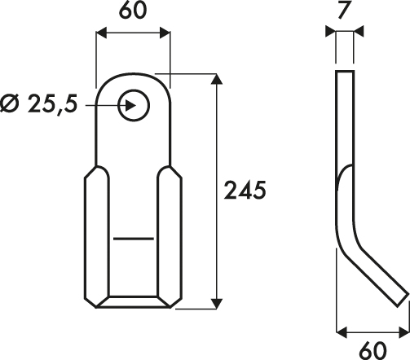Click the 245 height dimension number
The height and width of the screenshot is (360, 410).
(x=245, y=191)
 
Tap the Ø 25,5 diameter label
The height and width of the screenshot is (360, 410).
(x=39, y=103)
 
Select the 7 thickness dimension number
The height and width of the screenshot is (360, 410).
(x=344, y=11)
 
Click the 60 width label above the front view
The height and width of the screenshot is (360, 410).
(x=133, y=11)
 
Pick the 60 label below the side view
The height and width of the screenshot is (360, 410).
(x=373, y=350)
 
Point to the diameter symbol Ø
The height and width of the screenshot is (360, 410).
(x=9, y=103)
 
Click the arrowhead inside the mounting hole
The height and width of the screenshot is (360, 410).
(x=130, y=105)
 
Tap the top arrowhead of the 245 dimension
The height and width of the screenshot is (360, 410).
(x=217, y=79)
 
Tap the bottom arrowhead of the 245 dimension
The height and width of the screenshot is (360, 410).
(x=217, y=304)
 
